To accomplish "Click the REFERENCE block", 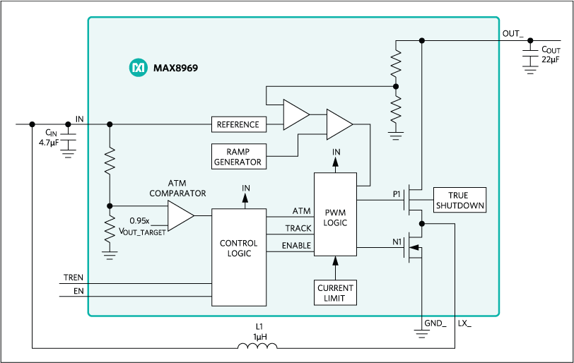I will pyautogui.click(x=238, y=124).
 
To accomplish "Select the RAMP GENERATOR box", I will pyautogui.click(x=238, y=156).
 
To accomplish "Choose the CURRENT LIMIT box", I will pyautogui.click(x=336, y=292).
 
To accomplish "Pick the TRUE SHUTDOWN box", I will pyautogui.click(x=459, y=201).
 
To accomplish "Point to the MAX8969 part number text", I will pyautogui.click(x=174, y=69).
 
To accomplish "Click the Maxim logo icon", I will pyautogui.click(x=137, y=69).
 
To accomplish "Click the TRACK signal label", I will pyautogui.click(x=298, y=228).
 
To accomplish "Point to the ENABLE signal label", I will pyautogui.click(x=296, y=245).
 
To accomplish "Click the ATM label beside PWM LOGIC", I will pyautogui.click(x=301, y=211).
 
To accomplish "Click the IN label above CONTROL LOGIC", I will pyautogui.click(x=245, y=188).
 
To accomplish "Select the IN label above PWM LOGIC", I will pyautogui.click(x=336, y=152).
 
